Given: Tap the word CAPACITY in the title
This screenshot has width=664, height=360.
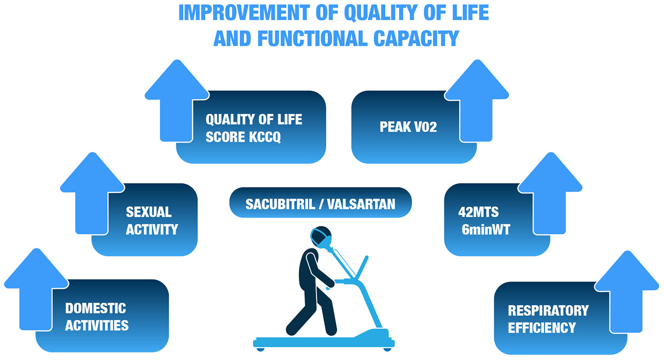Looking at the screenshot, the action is (x=416, y=38).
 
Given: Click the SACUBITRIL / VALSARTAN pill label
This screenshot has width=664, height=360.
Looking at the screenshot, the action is (x=321, y=202).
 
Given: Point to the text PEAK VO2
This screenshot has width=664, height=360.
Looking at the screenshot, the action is (x=408, y=127).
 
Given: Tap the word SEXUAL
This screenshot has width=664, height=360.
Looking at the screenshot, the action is (x=149, y=212).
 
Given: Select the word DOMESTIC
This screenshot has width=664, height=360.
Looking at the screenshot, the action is (x=95, y=308).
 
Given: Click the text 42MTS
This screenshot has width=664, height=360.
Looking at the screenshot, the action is (x=478, y=212).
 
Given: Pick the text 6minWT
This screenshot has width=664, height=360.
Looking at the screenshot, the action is (x=486, y=229).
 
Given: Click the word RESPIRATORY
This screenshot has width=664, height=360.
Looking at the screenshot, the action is (x=548, y=311).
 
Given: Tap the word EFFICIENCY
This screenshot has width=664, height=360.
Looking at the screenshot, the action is (x=542, y=328).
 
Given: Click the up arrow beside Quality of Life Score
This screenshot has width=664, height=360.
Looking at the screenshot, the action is (x=177, y=101).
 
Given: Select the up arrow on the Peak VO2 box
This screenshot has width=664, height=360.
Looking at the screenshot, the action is (x=477, y=101).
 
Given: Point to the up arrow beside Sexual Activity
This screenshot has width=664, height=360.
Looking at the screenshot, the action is (x=92, y=194).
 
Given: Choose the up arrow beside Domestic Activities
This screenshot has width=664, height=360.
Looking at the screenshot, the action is (x=36, y=289).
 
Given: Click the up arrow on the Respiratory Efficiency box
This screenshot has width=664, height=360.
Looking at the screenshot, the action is (x=626, y=292).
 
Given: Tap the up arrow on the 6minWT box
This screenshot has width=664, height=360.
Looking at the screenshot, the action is (x=550, y=194).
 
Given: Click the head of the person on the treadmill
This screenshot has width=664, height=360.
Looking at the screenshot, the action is (x=321, y=236).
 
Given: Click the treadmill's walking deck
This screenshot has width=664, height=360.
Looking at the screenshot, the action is (x=324, y=342).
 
